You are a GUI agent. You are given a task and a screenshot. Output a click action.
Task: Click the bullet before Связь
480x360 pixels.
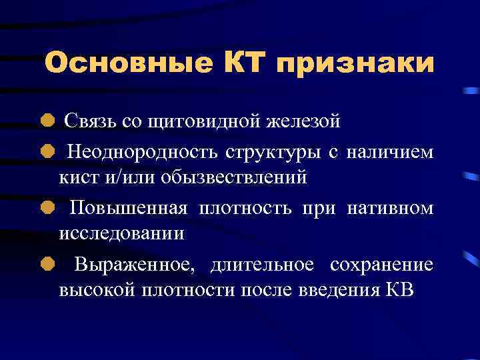(x=47, y=121)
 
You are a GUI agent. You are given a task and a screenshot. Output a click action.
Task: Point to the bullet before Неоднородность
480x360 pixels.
(x=47, y=153)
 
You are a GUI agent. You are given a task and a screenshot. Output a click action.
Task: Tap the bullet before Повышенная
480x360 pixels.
(x=47, y=209)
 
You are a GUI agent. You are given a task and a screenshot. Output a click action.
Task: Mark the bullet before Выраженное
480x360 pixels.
(x=47, y=265)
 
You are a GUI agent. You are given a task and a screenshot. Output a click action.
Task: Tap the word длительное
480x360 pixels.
(x=262, y=265)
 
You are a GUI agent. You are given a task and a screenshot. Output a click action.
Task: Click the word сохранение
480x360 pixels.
(x=381, y=265)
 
